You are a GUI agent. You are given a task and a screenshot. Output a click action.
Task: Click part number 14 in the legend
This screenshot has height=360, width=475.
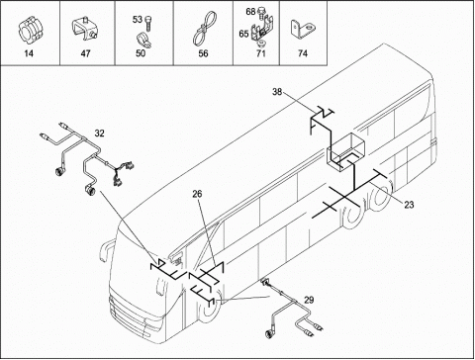click(x=29, y=53)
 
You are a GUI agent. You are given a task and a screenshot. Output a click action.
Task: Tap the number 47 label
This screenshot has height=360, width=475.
click(x=85, y=53)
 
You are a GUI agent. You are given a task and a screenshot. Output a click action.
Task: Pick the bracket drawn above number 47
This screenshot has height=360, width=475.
click(x=85, y=29)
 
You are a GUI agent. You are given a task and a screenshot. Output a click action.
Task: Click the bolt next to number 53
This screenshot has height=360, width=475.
click(x=148, y=23)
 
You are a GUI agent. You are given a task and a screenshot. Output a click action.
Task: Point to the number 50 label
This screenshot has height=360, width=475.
click(x=141, y=53)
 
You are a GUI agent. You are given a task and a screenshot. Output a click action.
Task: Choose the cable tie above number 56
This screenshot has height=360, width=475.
click(x=203, y=30)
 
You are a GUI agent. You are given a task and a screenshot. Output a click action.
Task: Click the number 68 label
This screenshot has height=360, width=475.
click(x=250, y=12)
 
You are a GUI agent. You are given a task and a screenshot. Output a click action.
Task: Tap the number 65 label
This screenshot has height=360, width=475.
click(x=243, y=34)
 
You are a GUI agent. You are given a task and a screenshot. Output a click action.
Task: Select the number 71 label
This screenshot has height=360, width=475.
click(x=260, y=53)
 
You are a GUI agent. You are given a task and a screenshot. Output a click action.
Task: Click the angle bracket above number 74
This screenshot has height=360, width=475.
click(x=303, y=29)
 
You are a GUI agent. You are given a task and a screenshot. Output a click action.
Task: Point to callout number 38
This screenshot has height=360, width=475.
click(x=277, y=92)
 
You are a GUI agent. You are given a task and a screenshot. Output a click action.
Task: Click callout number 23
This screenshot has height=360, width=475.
click(x=409, y=205)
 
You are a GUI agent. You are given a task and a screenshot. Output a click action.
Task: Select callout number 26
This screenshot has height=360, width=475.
click(x=197, y=194)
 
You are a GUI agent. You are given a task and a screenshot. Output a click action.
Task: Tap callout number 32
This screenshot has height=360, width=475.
click(x=99, y=134)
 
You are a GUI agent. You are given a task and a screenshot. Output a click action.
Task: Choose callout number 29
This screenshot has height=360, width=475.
click(x=309, y=300)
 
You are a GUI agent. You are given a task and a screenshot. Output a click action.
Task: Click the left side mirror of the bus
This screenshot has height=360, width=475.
click(x=106, y=251)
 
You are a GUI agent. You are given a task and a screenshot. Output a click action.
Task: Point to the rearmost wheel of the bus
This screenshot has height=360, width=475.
click(x=381, y=194)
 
